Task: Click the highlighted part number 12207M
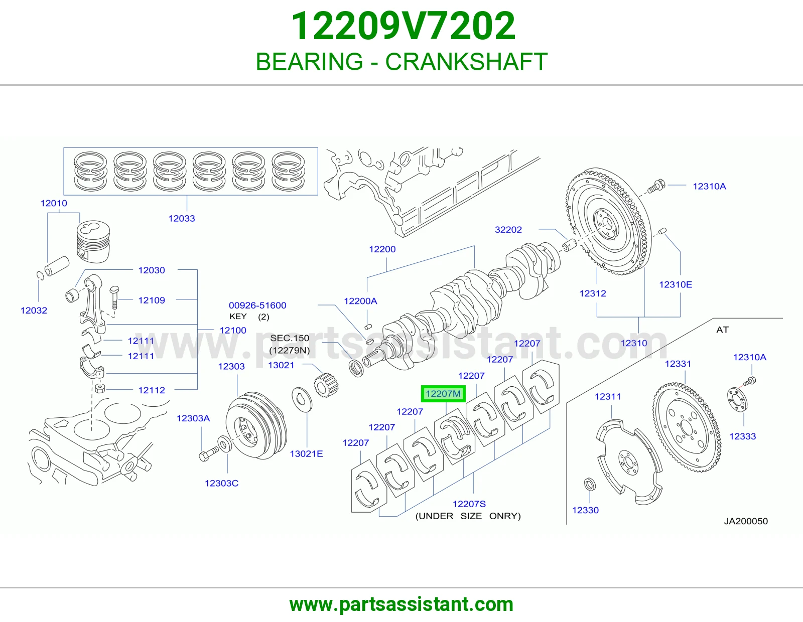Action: pyautogui.click(x=443, y=394)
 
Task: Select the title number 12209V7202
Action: pyautogui.click(x=403, y=26)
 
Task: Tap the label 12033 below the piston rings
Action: pyautogui.click(x=182, y=218)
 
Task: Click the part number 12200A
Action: pyautogui.click(x=360, y=301)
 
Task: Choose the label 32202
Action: pyautogui.click(x=508, y=229)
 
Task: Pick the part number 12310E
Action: pyautogui.click(x=676, y=284)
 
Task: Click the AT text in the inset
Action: pyautogui.click(x=722, y=330)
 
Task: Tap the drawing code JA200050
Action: pyautogui.click(x=746, y=521)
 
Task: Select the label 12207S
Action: pyautogui.click(x=469, y=504)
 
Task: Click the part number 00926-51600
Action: pyautogui.click(x=257, y=305)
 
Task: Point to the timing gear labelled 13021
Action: pyautogui.click(x=326, y=385)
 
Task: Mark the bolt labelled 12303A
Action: pyautogui.click(x=209, y=453)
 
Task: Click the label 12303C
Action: pyautogui.click(x=222, y=483)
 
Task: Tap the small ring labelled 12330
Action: pyautogui.click(x=590, y=484)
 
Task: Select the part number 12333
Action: pyautogui.click(x=742, y=436)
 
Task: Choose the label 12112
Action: pyautogui.click(x=152, y=390)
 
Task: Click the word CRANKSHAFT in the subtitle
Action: pyautogui.click(x=466, y=62)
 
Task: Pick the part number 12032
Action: pyautogui.click(x=34, y=310)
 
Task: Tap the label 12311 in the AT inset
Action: pyautogui.click(x=608, y=396)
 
